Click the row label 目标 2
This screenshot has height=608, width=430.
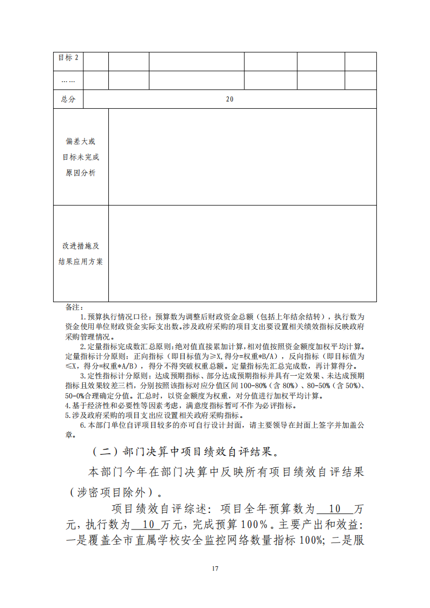click(x=68, y=58)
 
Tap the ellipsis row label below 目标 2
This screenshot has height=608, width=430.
click(x=68, y=81)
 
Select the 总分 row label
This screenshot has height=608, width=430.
click(x=68, y=100)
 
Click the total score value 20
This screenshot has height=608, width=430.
click(x=230, y=100)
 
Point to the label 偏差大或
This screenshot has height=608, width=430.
click(x=81, y=142)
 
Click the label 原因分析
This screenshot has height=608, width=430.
click(x=81, y=173)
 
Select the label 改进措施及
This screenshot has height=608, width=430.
click(x=81, y=246)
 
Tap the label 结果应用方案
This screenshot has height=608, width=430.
click(x=81, y=262)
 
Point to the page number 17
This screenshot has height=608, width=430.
click(x=215, y=568)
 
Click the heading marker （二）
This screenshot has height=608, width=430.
click(x=105, y=452)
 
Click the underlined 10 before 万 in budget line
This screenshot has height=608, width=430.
click(x=334, y=509)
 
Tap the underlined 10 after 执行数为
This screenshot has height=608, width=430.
click(x=148, y=525)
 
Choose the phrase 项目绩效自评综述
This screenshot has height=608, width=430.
click(x=154, y=509)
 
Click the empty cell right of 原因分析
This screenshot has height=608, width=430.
click(x=242, y=157)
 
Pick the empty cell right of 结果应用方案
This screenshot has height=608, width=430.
click(x=242, y=253)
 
